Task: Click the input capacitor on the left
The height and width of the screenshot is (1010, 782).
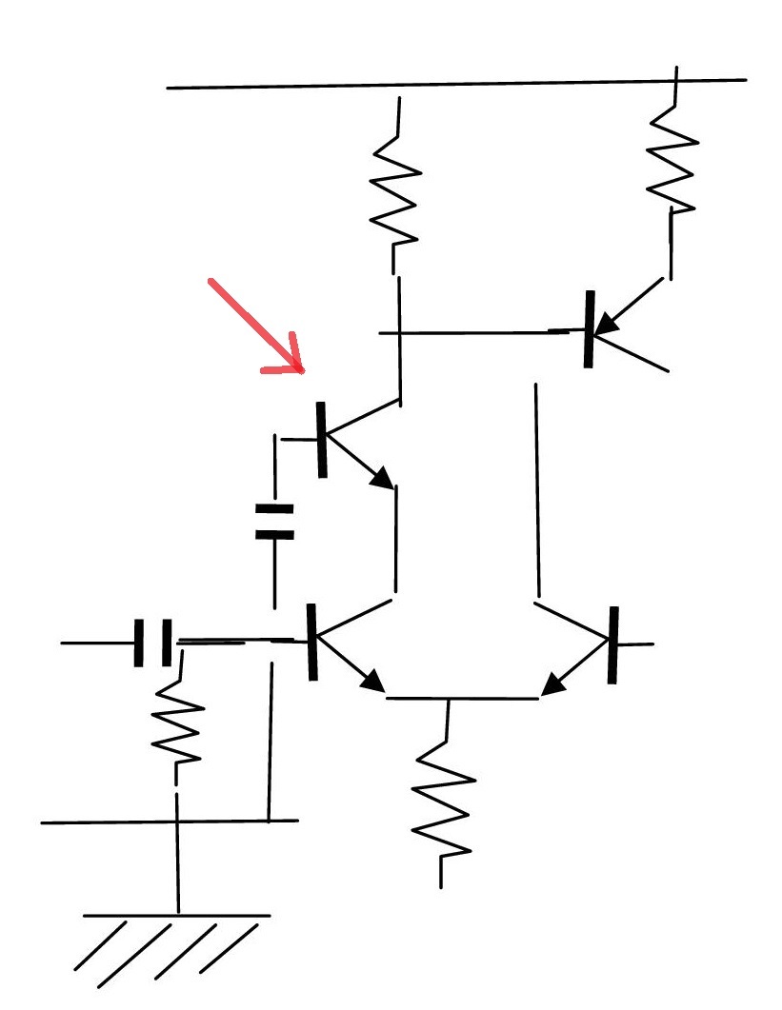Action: click(153, 643)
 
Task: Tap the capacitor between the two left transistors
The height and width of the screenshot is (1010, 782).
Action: click(275, 522)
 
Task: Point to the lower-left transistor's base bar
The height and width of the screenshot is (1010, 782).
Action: click(311, 642)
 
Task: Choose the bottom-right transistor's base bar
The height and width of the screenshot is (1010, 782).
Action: click(613, 644)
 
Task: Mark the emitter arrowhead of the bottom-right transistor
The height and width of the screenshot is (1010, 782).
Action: click(550, 685)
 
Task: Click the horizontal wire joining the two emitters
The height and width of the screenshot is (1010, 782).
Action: click(462, 699)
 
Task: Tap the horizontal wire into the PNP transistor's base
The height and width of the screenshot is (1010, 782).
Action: click(476, 332)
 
